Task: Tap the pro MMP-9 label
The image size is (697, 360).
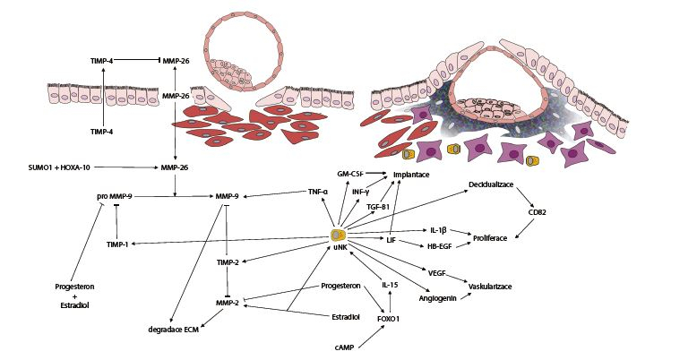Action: (114, 194)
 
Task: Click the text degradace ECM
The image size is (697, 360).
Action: (174, 330)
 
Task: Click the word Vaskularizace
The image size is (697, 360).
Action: (495, 287)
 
